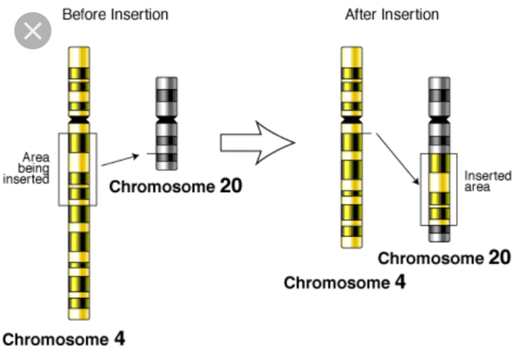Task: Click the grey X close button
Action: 31,32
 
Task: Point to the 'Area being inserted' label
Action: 36,168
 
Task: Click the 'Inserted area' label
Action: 482,182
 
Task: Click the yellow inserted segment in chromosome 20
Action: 439,190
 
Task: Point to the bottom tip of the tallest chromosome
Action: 79,317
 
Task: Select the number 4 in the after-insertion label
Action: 399,282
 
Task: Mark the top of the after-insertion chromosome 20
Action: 439,80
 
